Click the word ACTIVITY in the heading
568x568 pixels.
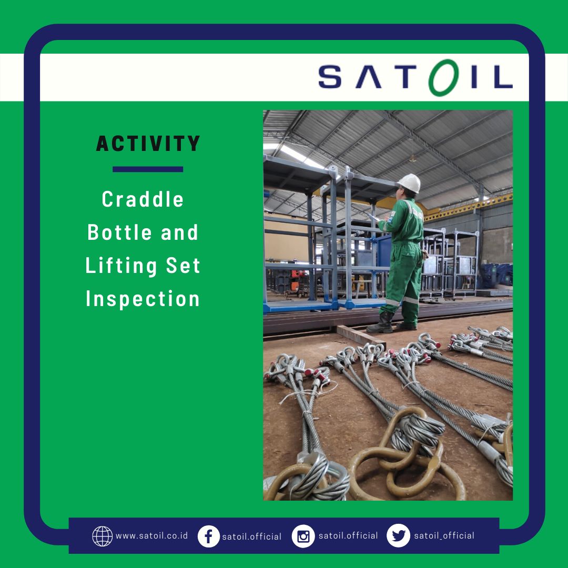148,144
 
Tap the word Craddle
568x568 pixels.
143,199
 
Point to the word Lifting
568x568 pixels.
121,266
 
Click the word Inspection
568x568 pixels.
143,299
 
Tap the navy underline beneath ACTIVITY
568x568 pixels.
148,169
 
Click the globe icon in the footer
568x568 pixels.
103,536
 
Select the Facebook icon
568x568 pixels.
209,536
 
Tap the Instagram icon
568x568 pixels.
303,536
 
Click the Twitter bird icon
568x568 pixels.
399,536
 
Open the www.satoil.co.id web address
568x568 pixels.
152,536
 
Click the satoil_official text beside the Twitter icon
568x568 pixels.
444,536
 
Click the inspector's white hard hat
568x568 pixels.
410,183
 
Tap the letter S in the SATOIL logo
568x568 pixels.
330,77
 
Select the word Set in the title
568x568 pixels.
183,266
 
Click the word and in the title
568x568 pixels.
180,232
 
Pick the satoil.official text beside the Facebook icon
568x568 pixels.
252,536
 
